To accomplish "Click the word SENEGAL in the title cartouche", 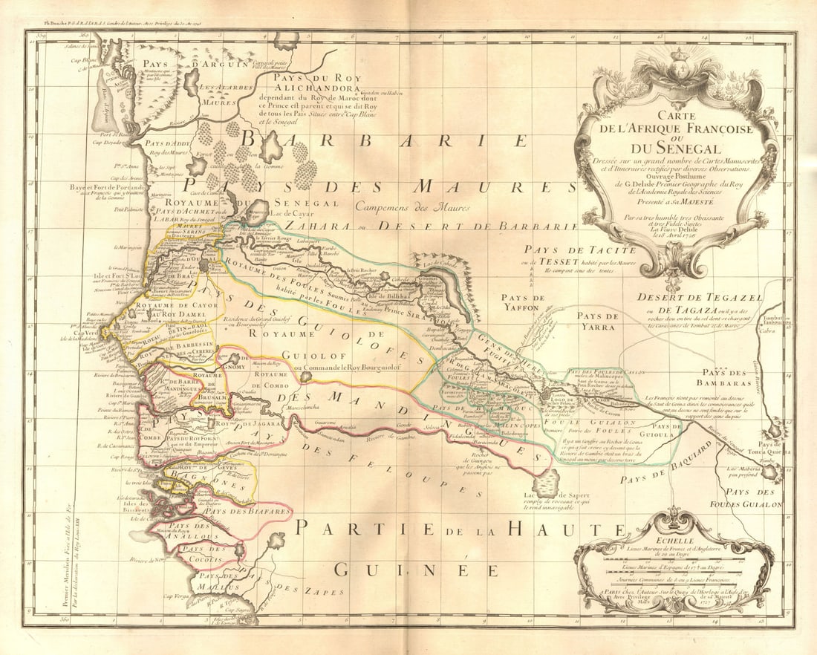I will pyautogui.click(x=677, y=149).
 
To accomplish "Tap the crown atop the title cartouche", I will pyautogui.click(x=677, y=73).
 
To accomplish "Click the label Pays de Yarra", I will pyautogui.click(x=598, y=321).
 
